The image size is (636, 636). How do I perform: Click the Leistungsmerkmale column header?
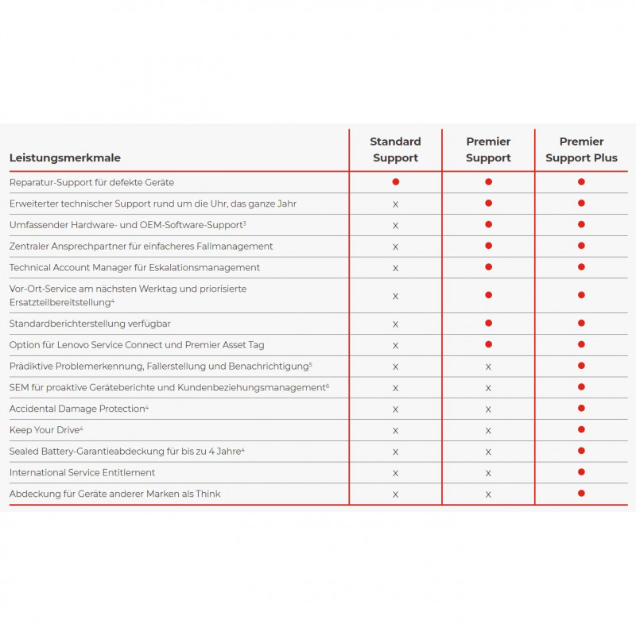pyautogui.click(x=65, y=158)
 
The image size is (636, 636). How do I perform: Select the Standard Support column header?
pyautogui.click(x=395, y=149)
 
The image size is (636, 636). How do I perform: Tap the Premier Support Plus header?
pyautogui.click(x=581, y=149)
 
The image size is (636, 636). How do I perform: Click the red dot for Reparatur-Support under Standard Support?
pyautogui.click(x=395, y=182)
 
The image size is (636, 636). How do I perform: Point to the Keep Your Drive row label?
pyautogui.click(x=45, y=430)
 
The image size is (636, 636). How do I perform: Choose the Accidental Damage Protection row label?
pyautogui.click(x=77, y=409)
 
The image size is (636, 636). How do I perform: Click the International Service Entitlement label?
pyautogui.click(x=82, y=473)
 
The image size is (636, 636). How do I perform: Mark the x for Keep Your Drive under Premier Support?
pyautogui.click(x=488, y=431)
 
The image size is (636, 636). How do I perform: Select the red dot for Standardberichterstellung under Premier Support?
pyautogui.click(x=488, y=324)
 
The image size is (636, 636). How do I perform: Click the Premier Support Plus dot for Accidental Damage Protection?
pyautogui.click(x=581, y=409)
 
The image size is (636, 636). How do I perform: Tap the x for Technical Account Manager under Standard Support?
pyautogui.click(x=395, y=268)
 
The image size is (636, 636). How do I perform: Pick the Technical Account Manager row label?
pyautogui.click(x=134, y=268)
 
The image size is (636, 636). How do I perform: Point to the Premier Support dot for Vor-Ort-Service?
pyautogui.click(x=488, y=295)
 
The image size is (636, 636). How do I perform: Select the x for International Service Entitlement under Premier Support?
pyautogui.click(x=488, y=473)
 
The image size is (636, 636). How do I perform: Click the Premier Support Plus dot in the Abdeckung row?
pyautogui.click(x=581, y=494)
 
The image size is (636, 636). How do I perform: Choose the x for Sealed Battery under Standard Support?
pyautogui.click(x=395, y=452)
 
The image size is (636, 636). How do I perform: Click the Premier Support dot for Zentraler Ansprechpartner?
pyautogui.click(x=488, y=246)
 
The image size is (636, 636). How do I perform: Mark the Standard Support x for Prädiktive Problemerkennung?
pyautogui.click(x=395, y=366)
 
